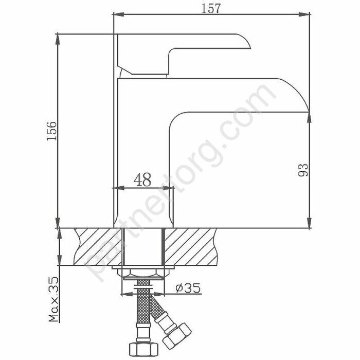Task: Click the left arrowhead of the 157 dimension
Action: coord(116,15)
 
